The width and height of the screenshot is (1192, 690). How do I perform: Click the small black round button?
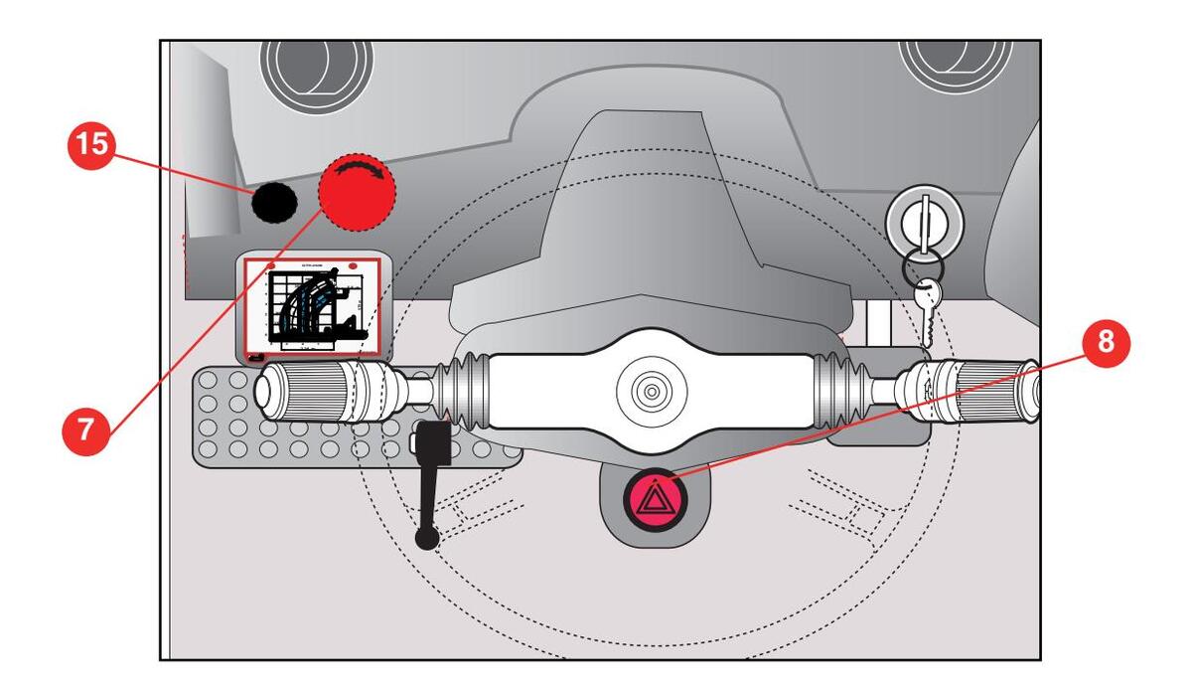point(273,203)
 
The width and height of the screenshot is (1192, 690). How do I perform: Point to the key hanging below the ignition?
point(926,304)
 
